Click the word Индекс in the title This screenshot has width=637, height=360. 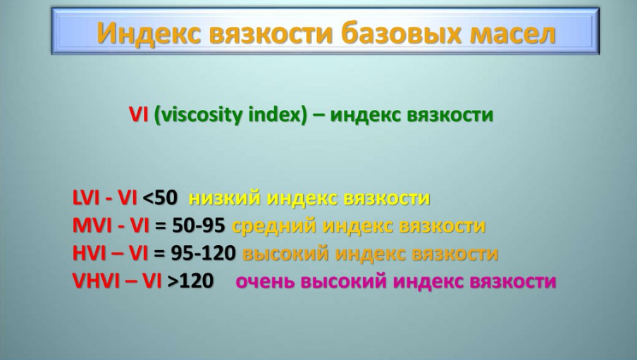[x=149, y=32]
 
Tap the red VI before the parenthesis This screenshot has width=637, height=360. [x=139, y=115]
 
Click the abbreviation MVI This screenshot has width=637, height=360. [x=92, y=226]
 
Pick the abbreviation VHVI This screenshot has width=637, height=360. [x=97, y=281]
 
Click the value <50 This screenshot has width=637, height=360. [x=161, y=198]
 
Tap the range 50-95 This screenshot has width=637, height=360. [x=198, y=226]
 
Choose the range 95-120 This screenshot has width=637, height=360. [x=203, y=254]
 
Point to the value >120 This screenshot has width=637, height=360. [x=190, y=281]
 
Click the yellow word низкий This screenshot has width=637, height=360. [x=224, y=198]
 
